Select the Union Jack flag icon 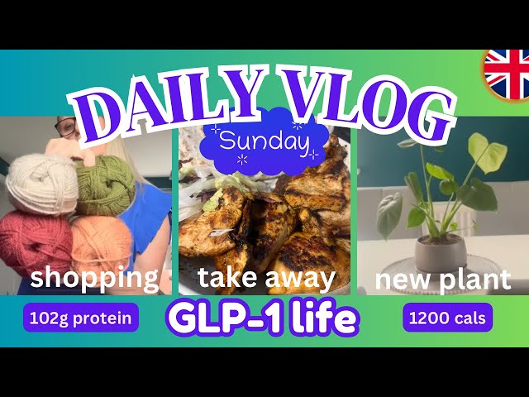coord(506,74)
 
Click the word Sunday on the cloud coord(264,142)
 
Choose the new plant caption coord(442,280)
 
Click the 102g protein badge coord(81,318)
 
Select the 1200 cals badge coord(447,318)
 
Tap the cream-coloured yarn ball coord(41,184)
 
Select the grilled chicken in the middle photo coord(273,215)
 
